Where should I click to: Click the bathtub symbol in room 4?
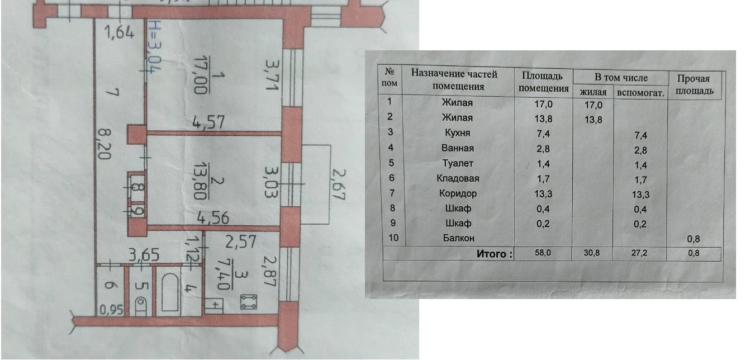tap(169, 292)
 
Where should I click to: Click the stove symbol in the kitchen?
tap(248, 302)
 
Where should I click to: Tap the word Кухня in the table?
tap(457, 133)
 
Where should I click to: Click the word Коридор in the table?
tap(457, 193)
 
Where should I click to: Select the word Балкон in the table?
tap(457, 238)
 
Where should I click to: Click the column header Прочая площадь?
tap(695, 84)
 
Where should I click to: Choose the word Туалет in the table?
tap(457, 163)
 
